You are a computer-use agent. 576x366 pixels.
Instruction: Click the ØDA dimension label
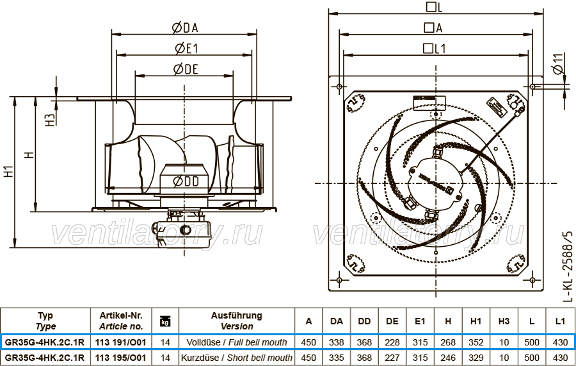coord(185,28)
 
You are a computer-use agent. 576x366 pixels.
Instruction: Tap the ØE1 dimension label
coord(186,48)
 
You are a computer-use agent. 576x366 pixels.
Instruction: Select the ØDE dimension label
coord(186,69)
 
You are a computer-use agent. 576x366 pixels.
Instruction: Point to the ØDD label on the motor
coord(186,181)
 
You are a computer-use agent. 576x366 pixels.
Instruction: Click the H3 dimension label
coord(51,120)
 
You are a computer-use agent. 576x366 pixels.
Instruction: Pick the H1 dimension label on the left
coord(8,171)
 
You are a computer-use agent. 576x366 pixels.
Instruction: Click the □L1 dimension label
coord(434,48)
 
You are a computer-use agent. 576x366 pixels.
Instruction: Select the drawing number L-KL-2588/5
coord(568,266)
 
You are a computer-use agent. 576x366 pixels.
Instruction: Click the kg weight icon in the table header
coord(165,321)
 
